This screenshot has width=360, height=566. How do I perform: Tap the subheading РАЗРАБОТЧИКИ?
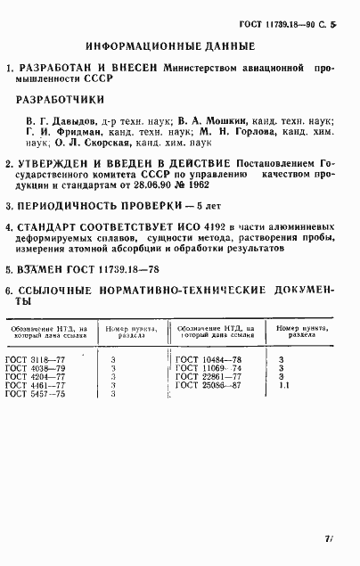click(x=65, y=101)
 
